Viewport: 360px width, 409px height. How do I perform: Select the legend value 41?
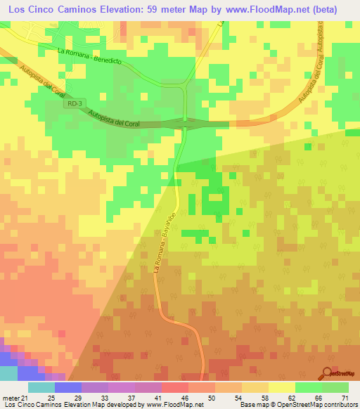148,398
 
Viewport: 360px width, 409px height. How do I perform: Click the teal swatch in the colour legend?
41,387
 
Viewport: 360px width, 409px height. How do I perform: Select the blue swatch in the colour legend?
68,387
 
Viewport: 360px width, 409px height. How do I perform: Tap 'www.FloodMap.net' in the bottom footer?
174,405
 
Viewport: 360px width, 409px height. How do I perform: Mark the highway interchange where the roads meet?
184,124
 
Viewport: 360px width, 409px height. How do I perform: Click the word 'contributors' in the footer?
334,405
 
